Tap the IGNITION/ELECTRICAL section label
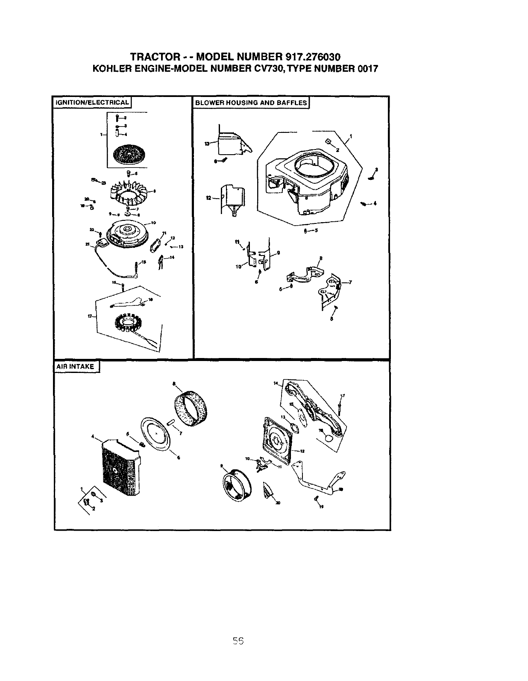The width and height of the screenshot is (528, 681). [91, 103]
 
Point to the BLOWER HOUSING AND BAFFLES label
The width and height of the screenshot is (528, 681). [251, 103]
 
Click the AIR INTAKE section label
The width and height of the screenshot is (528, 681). [76, 367]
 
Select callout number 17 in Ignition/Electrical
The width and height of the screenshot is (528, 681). [90, 316]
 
